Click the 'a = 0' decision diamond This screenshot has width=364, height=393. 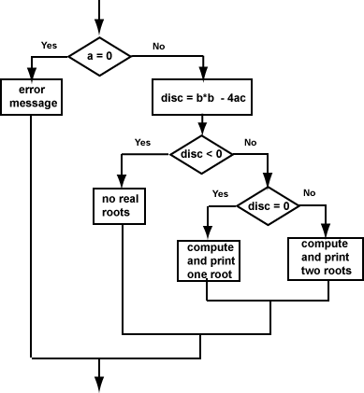point(97,55)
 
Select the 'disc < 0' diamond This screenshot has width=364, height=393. point(202,154)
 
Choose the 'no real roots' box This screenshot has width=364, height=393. point(123,205)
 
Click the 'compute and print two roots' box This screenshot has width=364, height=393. point(326,257)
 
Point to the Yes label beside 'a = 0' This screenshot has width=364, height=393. point(50,44)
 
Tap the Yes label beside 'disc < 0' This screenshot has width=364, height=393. point(142,142)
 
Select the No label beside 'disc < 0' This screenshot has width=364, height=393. point(250,142)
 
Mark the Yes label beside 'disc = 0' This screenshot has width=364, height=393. point(221,193)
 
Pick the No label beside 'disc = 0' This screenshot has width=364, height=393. point(310,193)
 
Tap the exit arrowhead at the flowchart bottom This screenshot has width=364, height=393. point(97,381)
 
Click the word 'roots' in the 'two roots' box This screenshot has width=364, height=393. point(334,270)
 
